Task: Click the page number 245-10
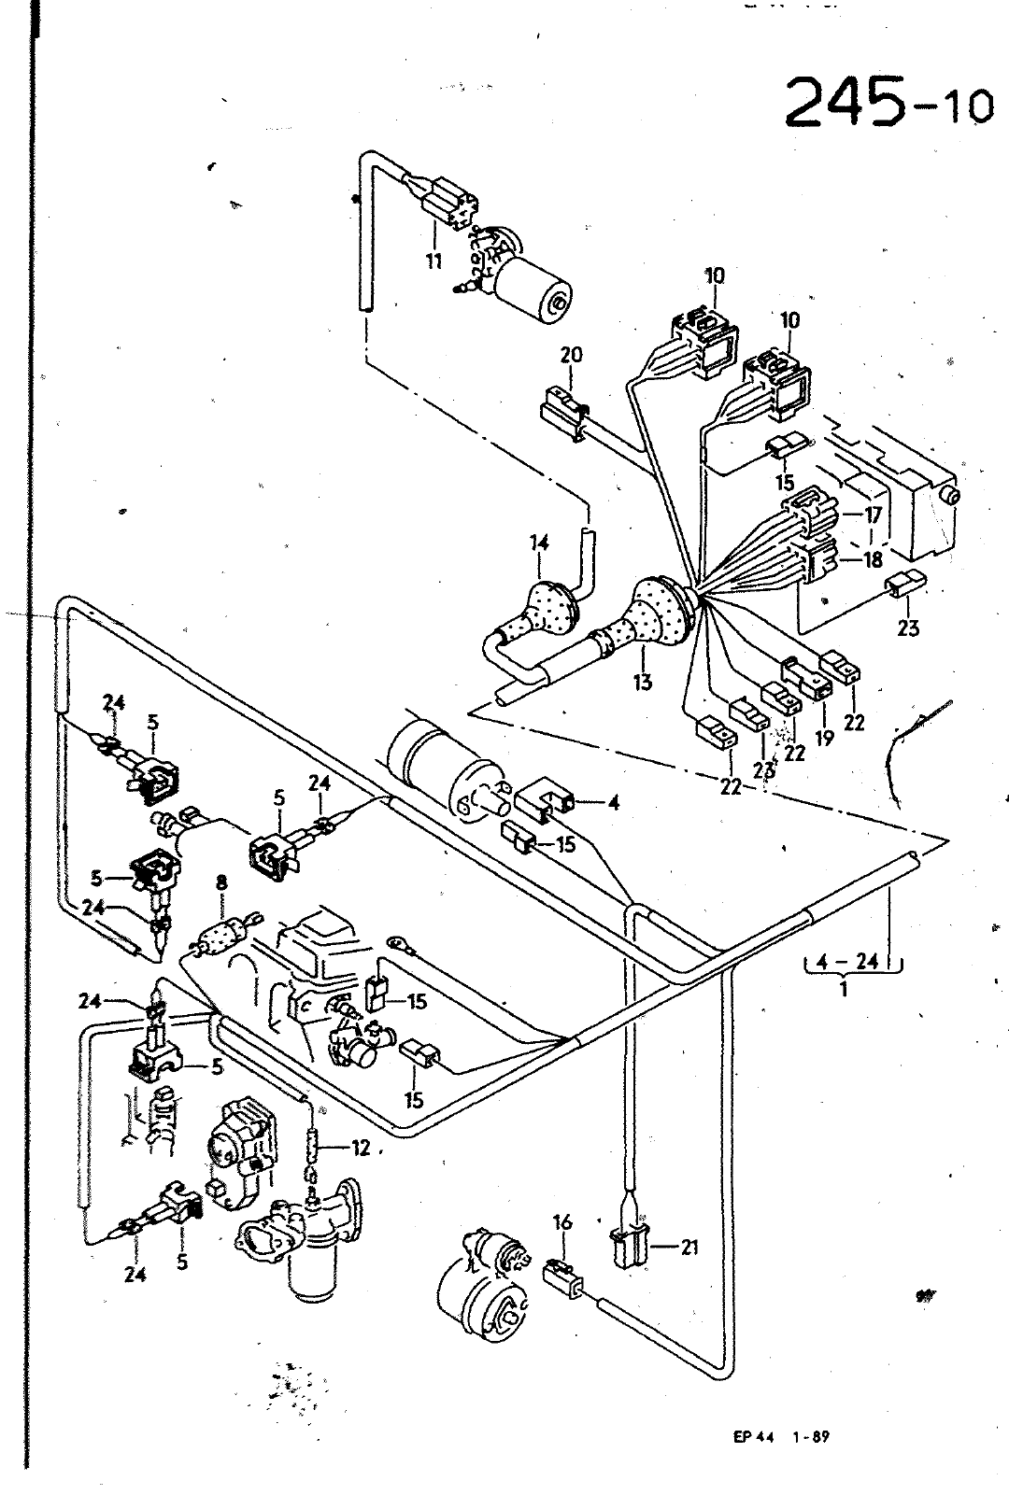tap(888, 103)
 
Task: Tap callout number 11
tap(434, 261)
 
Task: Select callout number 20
tap(571, 355)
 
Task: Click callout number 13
tap(643, 682)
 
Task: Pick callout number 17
tap(874, 515)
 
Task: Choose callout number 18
tap(874, 559)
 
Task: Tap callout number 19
tap(825, 738)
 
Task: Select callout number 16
tap(563, 1222)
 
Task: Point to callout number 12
tap(360, 1148)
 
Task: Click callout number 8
tap(221, 883)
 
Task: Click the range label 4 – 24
tap(846, 962)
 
